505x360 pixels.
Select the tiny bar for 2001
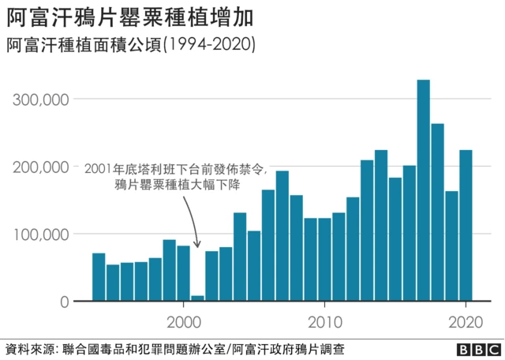tap(197, 298)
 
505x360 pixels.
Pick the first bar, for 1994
tap(99, 277)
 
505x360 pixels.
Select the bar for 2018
tap(437, 212)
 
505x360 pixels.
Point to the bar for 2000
tap(183, 273)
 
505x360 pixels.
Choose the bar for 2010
tap(324, 260)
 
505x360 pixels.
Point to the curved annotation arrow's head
tap(197, 246)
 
